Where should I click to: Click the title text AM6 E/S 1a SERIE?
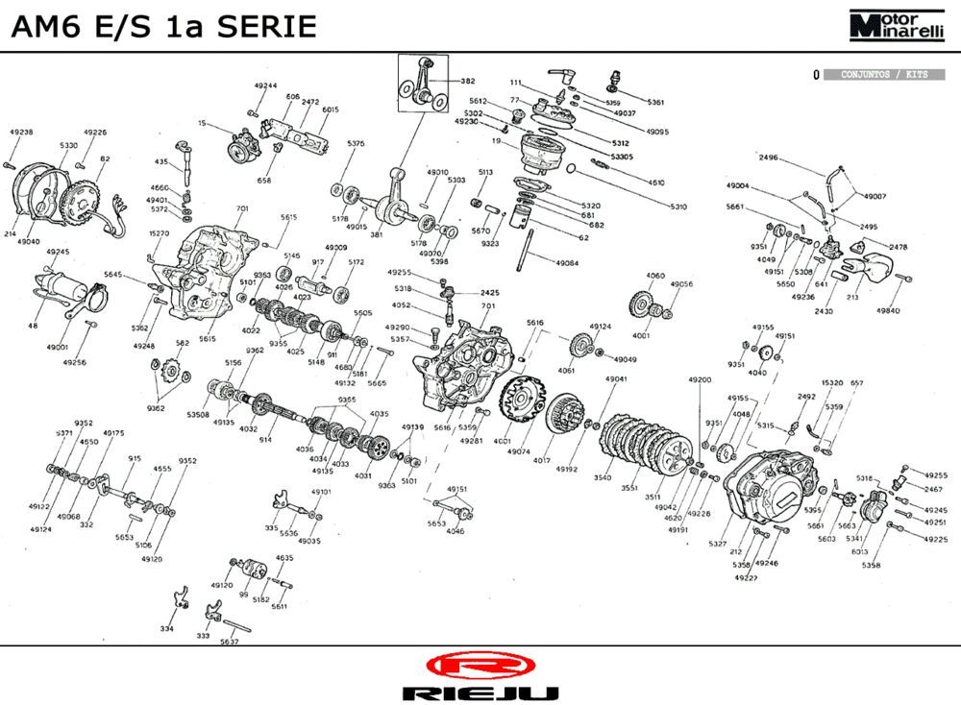coord(163,26)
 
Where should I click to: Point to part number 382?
coord(468,82)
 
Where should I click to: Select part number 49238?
coord(20,133)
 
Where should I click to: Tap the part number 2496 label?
coord(768,158)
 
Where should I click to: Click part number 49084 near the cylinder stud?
coord(567,262)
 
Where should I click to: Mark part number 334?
coord(167,628)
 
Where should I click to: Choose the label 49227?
coord(746,577)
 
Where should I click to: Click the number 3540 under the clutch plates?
coord(603,477)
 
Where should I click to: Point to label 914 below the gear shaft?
coord(265,440)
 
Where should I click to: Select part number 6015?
coord(331,109)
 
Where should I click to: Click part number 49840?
coord(888,310)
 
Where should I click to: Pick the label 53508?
coord(198,414)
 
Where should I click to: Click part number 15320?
coord(832,382)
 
